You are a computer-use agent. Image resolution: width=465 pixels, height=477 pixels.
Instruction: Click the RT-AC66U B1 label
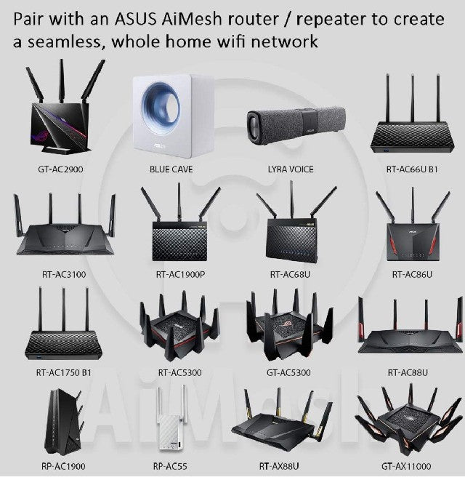412,169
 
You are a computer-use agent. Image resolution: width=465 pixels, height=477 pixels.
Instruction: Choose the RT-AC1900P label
179,275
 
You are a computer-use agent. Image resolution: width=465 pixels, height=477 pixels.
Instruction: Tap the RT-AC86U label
412,275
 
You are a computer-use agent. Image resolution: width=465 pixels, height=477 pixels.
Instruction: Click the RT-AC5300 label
179,373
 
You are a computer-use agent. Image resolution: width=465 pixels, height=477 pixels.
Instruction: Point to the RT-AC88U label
408,373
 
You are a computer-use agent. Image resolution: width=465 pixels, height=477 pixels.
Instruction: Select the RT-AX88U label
290,466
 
